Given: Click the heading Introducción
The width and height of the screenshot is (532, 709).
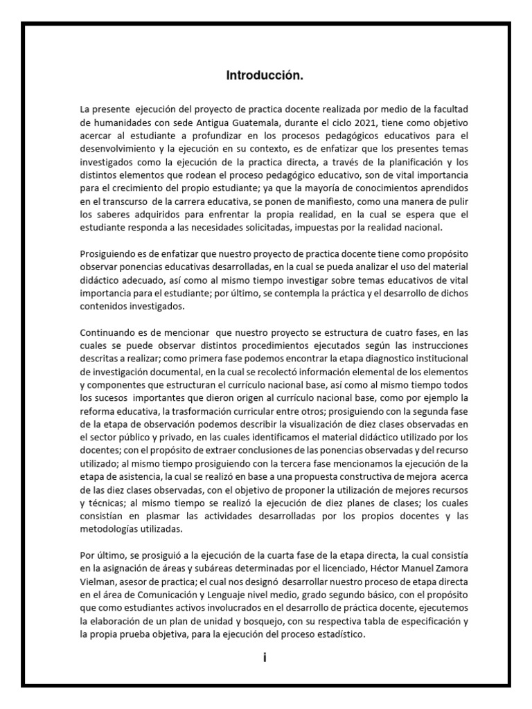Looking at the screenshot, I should tap(265, 76).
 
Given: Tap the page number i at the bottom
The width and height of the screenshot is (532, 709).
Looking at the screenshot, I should tap(265, 658).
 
